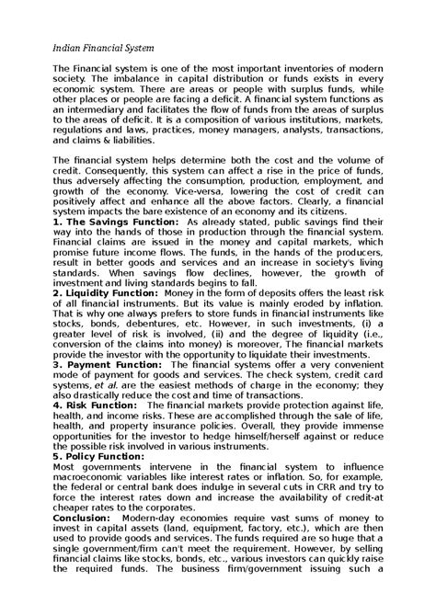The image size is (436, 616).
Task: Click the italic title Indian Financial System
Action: click(x=103, y=46)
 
